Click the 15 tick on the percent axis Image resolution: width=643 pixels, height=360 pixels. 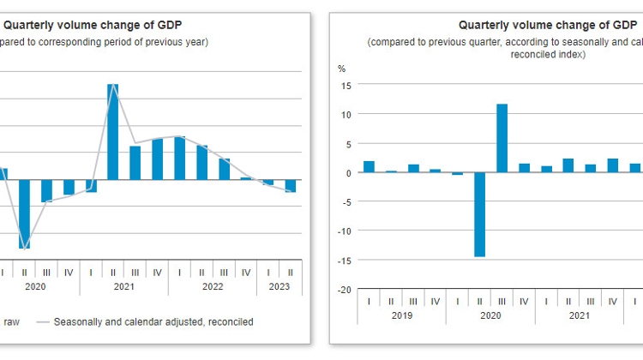pos(346,85)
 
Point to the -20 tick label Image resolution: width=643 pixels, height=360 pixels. pos(345,289)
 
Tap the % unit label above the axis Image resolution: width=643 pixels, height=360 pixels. pos(341,69)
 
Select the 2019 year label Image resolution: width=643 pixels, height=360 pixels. pos(402,315)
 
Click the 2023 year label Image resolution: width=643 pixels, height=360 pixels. pos(280,288)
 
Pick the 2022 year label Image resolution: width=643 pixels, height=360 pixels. pos(213,288)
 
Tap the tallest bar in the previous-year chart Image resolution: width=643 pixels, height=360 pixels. pos(112,131)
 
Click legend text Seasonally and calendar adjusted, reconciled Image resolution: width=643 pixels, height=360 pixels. pos(153,322)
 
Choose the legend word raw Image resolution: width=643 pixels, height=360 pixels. pos(11,322)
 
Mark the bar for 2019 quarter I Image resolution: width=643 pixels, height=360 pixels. pos(369,166)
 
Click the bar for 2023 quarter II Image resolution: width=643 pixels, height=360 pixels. pos(291,186)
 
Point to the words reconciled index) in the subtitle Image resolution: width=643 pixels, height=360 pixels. pos(547,55)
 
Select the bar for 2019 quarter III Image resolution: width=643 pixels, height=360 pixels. pos(413,168)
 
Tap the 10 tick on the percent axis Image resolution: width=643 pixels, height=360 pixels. pos(346,114)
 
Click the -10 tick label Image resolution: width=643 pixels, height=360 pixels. pos(345,231)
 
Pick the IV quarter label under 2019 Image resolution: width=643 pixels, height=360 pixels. pos(436,301)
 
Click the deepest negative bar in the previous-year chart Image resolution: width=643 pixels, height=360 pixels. pos(24,213)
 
